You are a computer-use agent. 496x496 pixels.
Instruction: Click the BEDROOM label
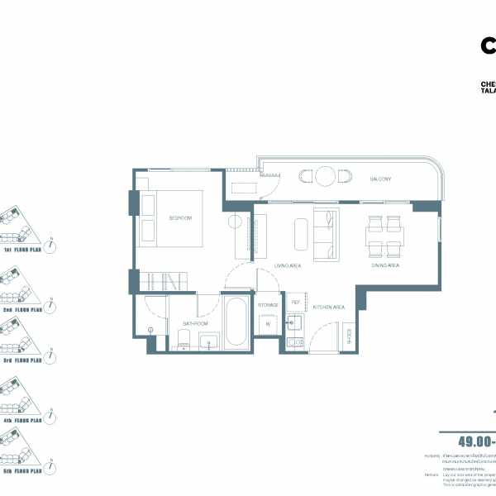[x=180, y=218]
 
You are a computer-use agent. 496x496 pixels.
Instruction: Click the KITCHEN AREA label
[x=327, y=307]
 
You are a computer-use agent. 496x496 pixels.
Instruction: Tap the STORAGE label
[x=268, y=305]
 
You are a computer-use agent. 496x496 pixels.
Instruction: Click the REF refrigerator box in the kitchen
[x=293, y=303]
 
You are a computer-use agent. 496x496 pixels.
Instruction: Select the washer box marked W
[x=268, y=324]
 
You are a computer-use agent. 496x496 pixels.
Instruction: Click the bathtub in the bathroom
[x=235, y=322]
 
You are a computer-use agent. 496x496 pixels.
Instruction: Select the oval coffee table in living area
[x=299, y=233]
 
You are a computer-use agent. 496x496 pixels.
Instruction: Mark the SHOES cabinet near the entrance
[x=348, y=336]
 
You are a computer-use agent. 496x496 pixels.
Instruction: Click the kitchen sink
[x=293, y=323]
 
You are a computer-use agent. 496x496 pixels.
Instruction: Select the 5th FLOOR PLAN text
[x=23, y=471]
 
